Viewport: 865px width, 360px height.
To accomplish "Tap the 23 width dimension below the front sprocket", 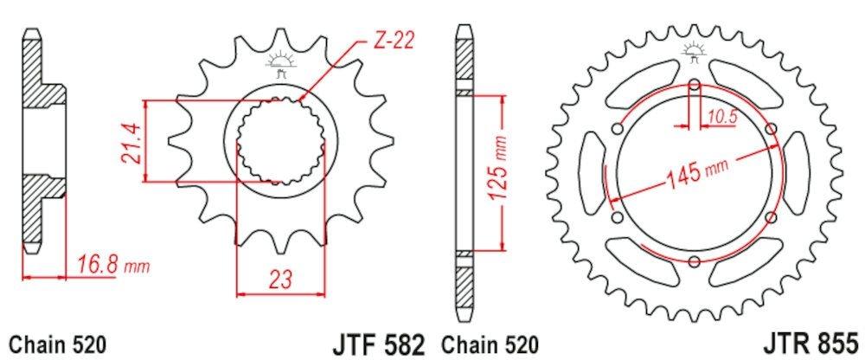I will coord(279,279).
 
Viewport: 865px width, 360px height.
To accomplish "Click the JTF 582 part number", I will coord(378,343).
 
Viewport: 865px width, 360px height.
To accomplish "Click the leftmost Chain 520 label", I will coord(57,344).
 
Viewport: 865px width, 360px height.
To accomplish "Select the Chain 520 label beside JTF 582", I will coord(489,344).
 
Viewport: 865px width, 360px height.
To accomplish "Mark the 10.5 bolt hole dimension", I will coord(723,113).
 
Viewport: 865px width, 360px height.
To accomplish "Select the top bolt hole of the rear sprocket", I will coord(695,85).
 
